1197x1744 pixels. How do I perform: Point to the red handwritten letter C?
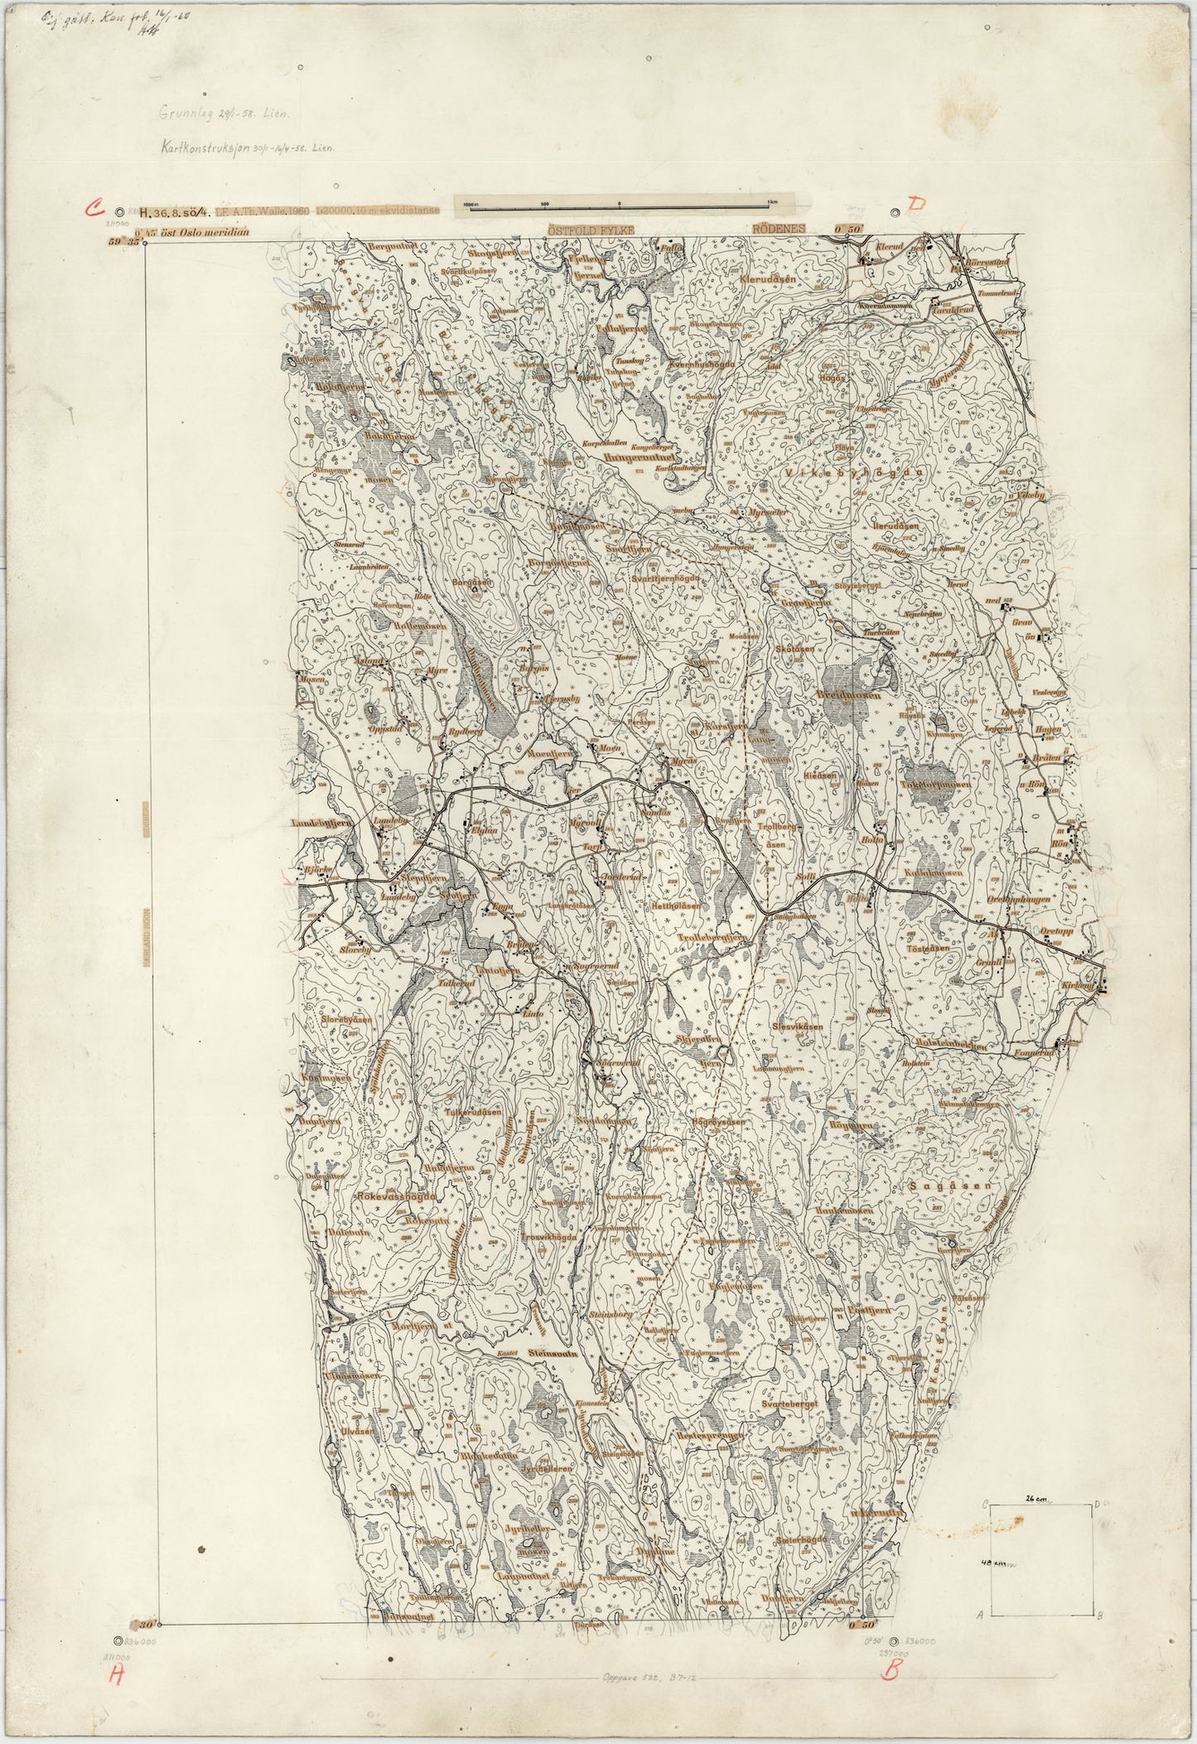tap(99, 208)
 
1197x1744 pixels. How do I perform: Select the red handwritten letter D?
tap(915, 204)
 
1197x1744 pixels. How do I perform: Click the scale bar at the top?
tap(619, 204)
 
